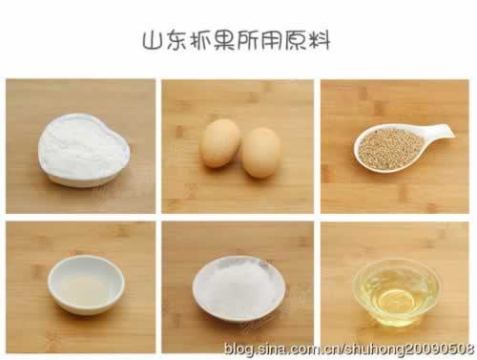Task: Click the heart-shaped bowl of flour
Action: tap(84, 150)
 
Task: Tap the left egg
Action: tap(220, 143)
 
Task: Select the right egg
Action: tap(260, 153)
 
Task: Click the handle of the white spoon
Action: tap(438, 131)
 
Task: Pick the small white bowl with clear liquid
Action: tap(86, 285)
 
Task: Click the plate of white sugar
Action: tap(238, 288)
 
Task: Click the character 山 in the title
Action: tap(152, 41)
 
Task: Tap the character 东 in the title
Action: tap(176, 40)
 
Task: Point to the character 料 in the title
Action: tap(319, 40)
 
